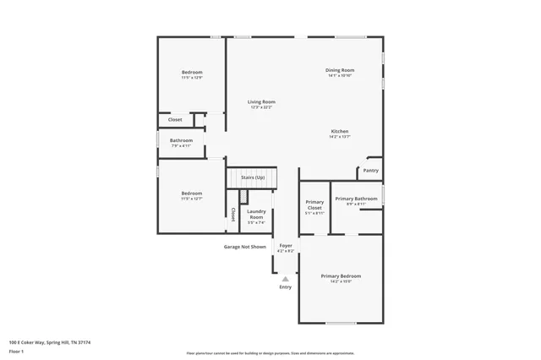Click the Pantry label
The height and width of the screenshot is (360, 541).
point(370,170)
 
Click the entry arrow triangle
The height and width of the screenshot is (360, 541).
point(286,278)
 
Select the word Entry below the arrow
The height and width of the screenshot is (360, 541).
point(286,287)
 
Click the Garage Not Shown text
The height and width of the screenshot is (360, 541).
point(244,247)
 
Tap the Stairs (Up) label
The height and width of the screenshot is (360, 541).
point(253,177)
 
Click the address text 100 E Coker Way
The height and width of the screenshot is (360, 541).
point(50,342)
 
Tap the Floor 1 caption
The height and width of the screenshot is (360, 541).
point(17,351)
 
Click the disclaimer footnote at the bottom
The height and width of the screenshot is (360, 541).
point(270,353)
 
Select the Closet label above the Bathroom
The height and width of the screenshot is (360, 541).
point(175,119)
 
